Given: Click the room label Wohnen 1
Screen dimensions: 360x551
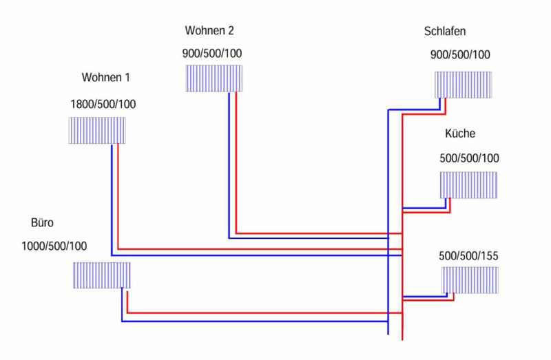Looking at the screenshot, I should tap(105, 76).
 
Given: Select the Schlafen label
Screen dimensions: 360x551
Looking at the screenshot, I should tap(446, 32).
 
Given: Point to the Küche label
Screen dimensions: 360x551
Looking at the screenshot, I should tap(460, 134).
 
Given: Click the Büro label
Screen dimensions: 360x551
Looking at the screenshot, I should tap(42, 223).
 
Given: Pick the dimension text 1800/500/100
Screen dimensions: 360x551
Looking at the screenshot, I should tap(103, 105).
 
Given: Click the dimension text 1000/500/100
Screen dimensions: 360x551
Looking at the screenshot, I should tap(54, 246).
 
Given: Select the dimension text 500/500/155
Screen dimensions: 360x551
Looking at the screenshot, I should tap(468, 256).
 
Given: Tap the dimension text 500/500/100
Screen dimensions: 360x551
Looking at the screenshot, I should tap(469, 158).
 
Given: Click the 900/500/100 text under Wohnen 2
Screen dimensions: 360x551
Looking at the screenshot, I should tap(212, 54).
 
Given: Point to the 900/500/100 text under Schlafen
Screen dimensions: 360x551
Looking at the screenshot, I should tap(460, 55).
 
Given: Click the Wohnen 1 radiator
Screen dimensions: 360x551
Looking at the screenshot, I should tap(97, 130).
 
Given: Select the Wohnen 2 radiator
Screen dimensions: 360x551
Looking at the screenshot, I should tap(214, 78).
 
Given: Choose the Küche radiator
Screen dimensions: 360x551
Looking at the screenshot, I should tap(468, 185).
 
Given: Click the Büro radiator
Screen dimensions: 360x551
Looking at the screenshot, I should tap(101, 275).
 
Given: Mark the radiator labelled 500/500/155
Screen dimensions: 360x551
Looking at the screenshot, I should tap(469, 279).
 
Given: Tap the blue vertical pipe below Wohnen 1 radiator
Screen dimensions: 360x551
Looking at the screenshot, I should tap(112, 200).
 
